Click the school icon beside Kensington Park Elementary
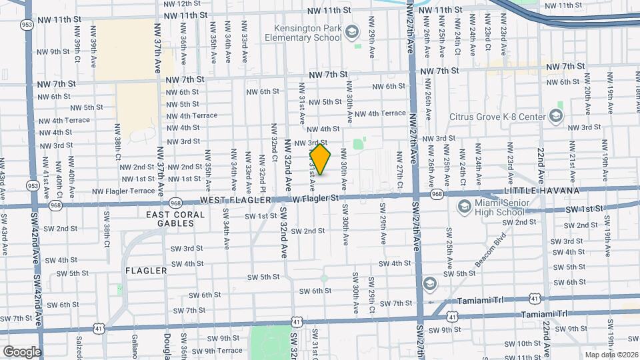[x=352, y=32]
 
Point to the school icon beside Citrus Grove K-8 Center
[x=555, y=117]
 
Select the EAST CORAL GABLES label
[x=171, y=219]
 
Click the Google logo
[x=21, y=351]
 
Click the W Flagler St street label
[x=316, y=198]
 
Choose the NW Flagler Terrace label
[x=123, y=191]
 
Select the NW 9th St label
[x=53, y=51]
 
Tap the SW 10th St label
[x=524, y=343]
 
